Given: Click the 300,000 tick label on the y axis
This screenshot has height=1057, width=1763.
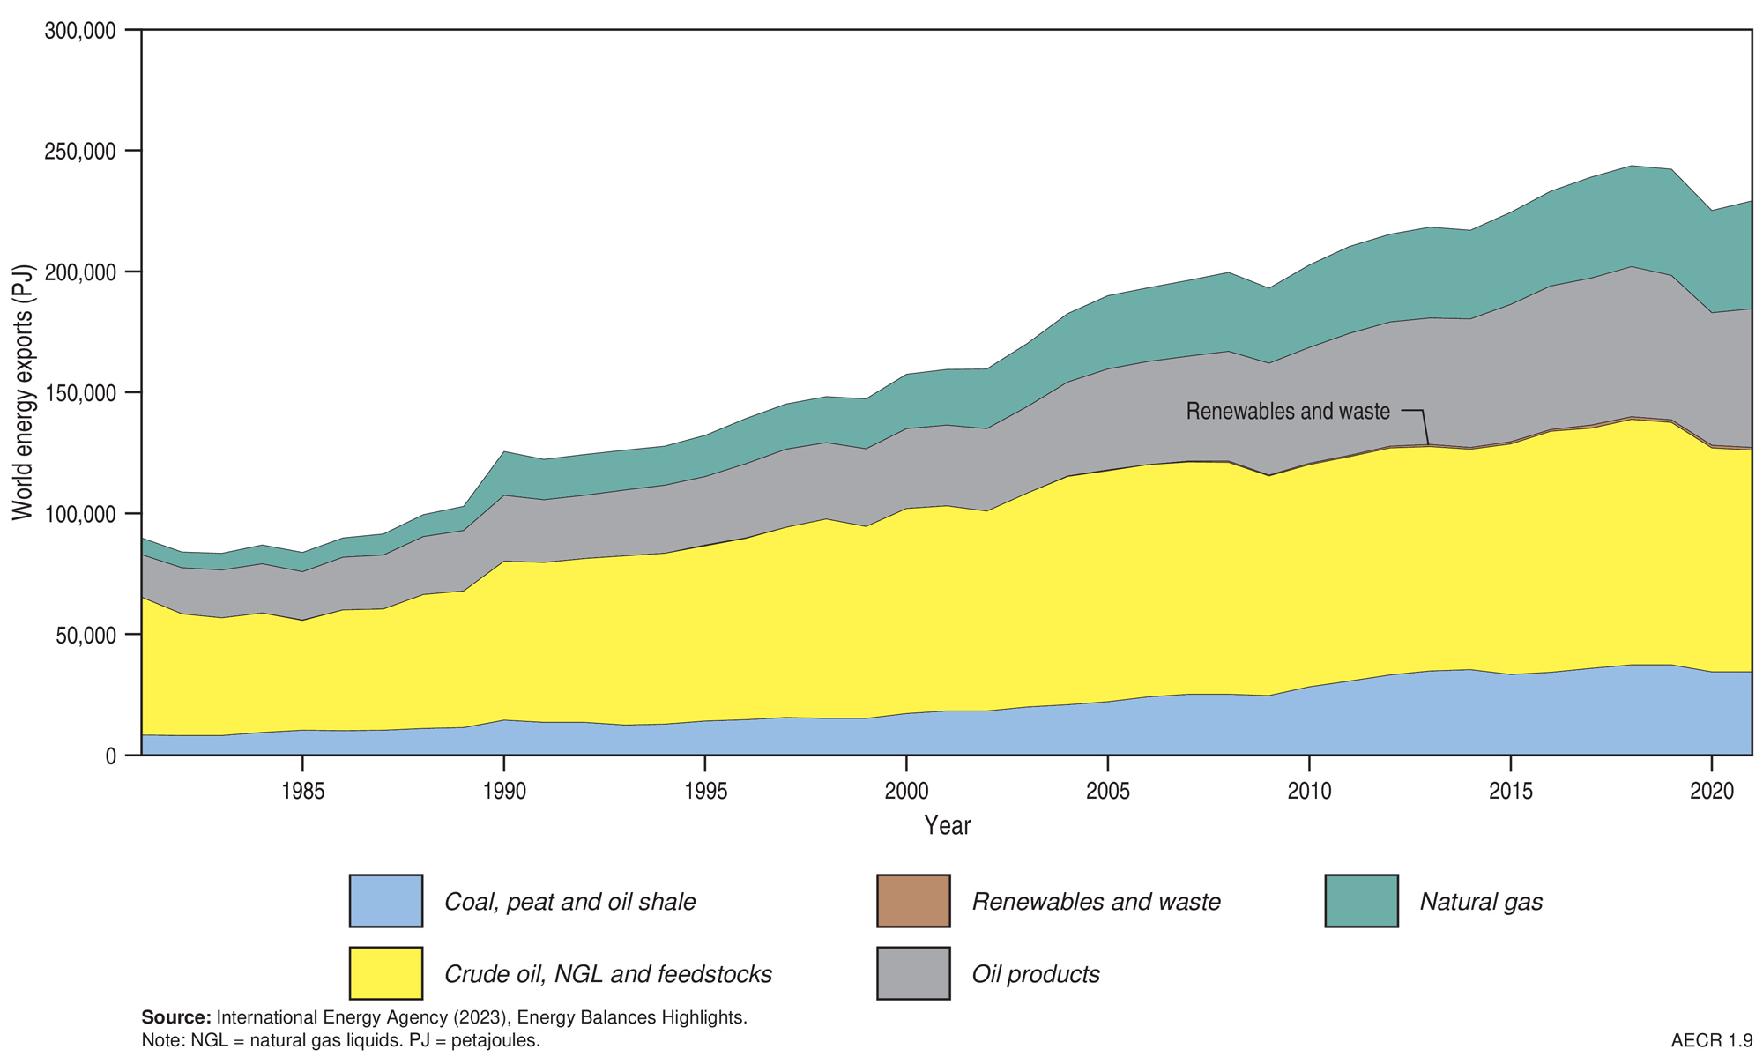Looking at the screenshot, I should click(x=80, y=31).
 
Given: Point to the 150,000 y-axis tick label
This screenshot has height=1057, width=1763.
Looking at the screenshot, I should click(x=80, y=393).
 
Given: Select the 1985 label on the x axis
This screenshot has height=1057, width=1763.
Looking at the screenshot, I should click(x=302, y=791).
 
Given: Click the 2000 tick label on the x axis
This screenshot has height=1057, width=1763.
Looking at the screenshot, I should click(x=906, y=791).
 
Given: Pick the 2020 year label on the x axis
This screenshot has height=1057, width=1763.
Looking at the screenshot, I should click(x=1711, y=791).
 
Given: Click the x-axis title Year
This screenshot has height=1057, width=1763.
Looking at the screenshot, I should click(x=947, y=826).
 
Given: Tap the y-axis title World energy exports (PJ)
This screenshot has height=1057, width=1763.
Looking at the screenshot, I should click(x=22, y=392).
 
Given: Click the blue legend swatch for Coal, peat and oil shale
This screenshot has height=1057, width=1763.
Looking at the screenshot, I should click(x=386, y=901).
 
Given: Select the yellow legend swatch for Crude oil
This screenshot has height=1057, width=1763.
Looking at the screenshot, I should click(x=386, y=973).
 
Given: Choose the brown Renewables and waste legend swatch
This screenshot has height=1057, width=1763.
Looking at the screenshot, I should click(x=913, y=901).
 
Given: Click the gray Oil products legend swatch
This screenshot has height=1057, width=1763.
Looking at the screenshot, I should click(x=913, y=973).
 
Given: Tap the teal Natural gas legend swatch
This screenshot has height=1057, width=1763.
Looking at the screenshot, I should click(x=1361, y=901).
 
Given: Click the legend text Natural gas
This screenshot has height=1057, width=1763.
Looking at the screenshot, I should click(x=1481, y=902).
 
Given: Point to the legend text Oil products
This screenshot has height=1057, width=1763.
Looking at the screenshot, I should click(x=1036, y=974).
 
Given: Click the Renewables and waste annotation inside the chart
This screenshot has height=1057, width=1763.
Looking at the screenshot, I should click(x=1287, y=412).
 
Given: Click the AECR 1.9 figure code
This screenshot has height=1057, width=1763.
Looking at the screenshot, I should click(x=1711, y=1040).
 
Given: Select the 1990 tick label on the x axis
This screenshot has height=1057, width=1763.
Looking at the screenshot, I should click(x=503, y=791).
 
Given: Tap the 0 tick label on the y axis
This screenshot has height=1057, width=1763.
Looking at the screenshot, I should click(x=110, y=756).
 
